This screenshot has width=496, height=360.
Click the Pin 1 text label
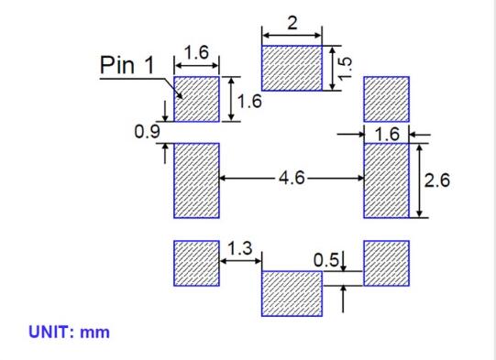(x=127, y=66)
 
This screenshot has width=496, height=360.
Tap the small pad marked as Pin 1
(x=196, y=99)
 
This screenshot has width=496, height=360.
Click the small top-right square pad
(x=386, y=99)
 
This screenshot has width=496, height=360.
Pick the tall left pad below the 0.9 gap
(x=196, y=180)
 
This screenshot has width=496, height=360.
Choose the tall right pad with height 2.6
(x=386, y=180)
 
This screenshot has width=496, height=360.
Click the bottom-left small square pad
(x=196, y=263)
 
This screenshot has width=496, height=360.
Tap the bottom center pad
(x=292, y=293)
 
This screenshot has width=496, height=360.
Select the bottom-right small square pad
(x=386, y=263)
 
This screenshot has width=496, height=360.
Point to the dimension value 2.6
(x=438, y=180)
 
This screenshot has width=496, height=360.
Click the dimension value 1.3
(x=240, y=248)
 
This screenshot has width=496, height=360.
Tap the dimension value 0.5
(x=325, y=260)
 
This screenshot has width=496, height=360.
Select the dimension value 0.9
(x=146, y=133)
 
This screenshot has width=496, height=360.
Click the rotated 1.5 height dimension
(x=345, y=68)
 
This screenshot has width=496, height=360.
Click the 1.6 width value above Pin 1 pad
(x=196, y=54)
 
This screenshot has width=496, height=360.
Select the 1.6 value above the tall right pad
(x=387, y=134)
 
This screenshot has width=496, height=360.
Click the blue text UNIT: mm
(x=70, y=332)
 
